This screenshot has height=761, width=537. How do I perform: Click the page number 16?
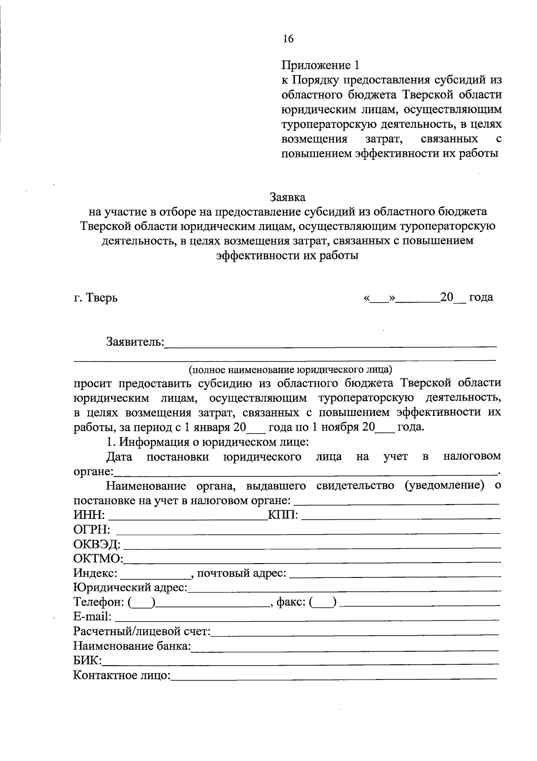[288, 39]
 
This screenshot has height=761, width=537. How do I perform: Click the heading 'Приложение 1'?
[320, 65]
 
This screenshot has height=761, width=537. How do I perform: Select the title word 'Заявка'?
[288, 197]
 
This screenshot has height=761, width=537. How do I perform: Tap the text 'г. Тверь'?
[96, 297]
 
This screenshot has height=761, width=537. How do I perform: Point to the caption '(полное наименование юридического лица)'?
[290, 370]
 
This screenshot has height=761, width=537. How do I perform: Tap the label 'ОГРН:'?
[92, 530]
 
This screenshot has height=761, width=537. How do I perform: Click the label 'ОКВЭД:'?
[97, 544]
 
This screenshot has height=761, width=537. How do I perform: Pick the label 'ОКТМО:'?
[98, 559]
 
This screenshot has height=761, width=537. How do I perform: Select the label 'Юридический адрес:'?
[130, 588]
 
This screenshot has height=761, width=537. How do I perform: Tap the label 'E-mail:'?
[92, 617]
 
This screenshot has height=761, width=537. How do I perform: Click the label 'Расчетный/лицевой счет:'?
[141, 632]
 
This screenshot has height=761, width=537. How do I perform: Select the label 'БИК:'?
[87, 661]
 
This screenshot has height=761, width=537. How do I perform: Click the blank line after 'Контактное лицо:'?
[333, 675]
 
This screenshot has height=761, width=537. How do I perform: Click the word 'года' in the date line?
[481, 297]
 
